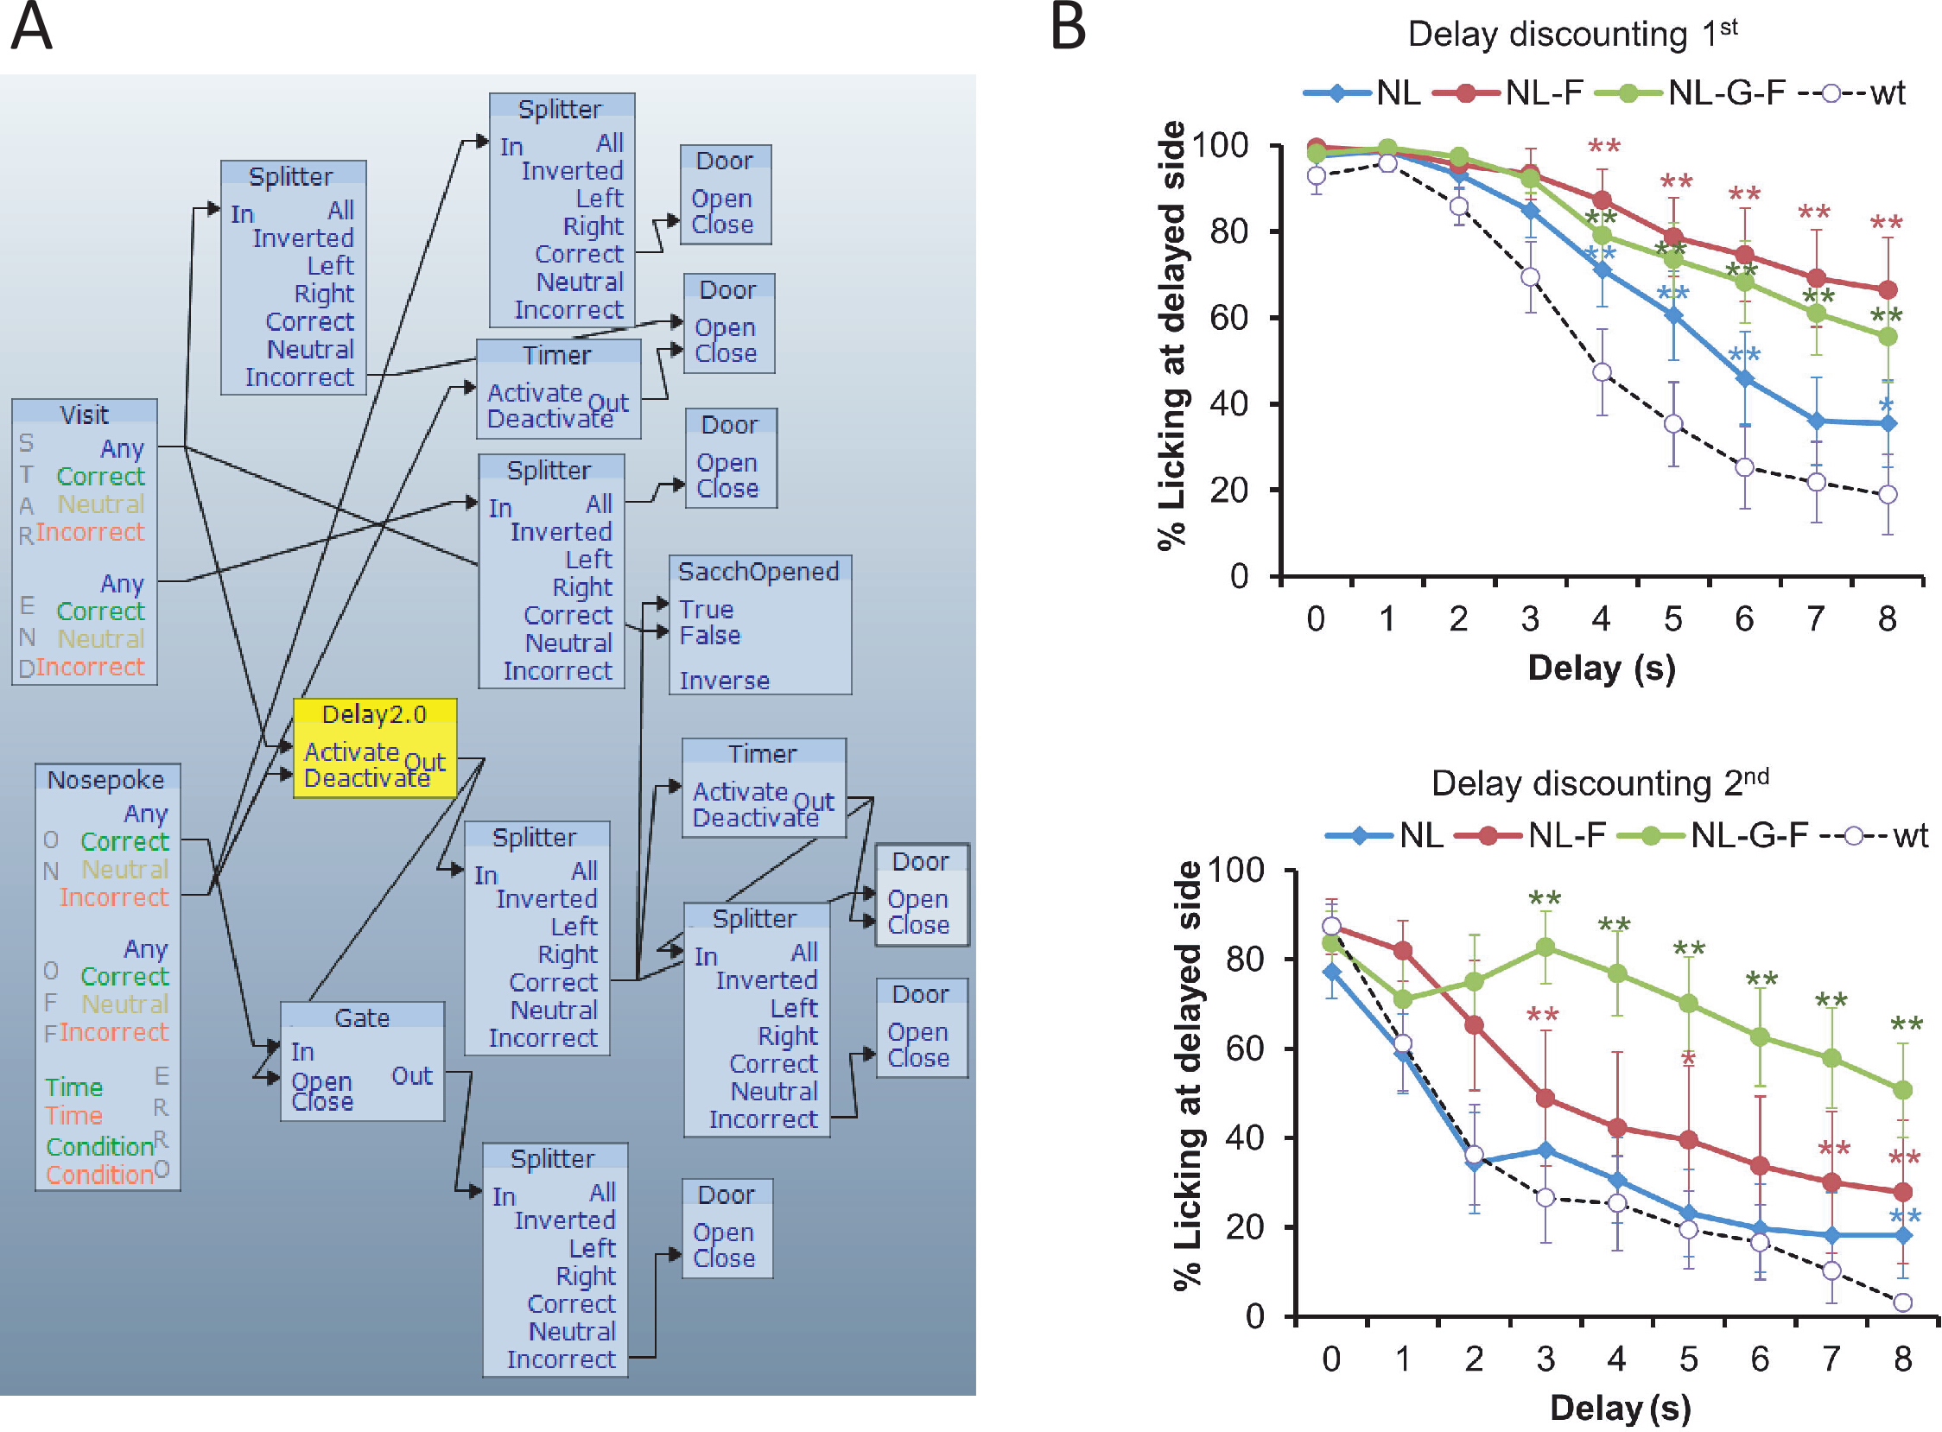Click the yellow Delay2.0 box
[x=375, y=748]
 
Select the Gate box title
[x=361, y=1017]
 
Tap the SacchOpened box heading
[x=758, y=571]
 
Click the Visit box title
[x=84, y=415]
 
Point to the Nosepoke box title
[x=105, y=779]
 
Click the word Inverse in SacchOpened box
[x=724, y=681]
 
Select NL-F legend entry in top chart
[x=1508, y=92]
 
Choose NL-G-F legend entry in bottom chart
[x=1712, y=836]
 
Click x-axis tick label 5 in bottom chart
[x=1688, y=1359]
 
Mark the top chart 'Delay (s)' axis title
[x=1602, y=668]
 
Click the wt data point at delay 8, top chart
[x=1888, y=495]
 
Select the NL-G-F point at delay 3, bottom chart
[x=1545, y=947]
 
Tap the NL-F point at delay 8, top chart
[x=1888, y=289]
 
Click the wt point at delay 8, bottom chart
[x=1902, y=1302]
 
